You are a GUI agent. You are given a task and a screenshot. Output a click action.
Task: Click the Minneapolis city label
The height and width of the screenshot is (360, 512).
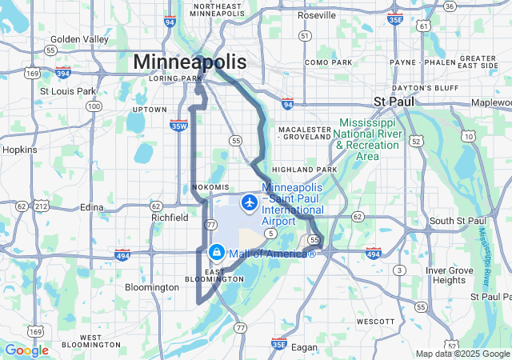(190, 62)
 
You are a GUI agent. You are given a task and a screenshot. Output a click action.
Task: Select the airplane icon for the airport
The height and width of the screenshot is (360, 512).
(250, 202)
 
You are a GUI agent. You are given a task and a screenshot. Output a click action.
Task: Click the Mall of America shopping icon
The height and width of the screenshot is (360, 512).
(216, 253)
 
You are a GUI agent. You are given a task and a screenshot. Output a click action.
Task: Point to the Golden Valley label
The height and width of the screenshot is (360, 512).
(78, 39)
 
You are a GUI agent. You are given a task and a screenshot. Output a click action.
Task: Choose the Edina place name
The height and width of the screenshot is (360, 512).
(92, 207)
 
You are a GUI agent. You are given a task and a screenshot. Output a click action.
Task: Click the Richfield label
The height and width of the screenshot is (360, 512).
(169, 217)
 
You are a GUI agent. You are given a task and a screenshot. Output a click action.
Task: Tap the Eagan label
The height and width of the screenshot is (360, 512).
(306, 347)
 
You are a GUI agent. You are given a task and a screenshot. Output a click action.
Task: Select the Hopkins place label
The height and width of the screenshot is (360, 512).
(20, 150)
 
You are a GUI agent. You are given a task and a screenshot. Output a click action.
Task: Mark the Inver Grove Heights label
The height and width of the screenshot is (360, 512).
(449, 275)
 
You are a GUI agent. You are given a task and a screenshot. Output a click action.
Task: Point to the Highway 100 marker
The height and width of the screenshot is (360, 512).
(94, 106)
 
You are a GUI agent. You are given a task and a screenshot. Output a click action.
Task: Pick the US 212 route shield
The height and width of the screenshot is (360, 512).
(41, 206)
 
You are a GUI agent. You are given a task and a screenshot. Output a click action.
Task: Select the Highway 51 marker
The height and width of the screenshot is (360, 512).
(304, 36)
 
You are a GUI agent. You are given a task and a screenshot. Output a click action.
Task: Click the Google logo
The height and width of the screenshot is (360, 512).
(26, 350)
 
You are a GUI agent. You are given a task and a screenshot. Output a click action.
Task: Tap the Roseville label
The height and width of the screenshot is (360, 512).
(316, 15)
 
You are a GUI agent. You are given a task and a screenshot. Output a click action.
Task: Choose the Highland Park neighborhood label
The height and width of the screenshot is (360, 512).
(305, 170)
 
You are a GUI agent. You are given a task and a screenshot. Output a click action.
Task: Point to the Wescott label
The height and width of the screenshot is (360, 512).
(376, 322)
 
